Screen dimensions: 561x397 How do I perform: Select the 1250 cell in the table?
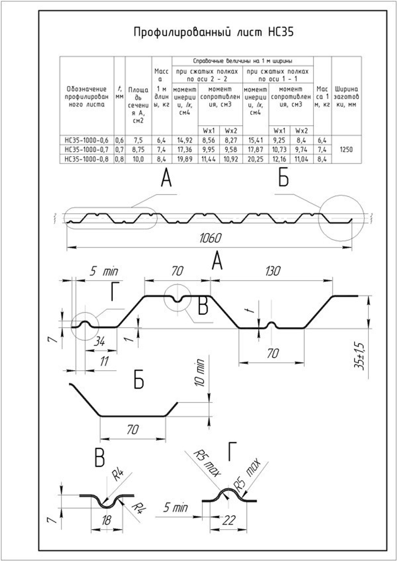346,150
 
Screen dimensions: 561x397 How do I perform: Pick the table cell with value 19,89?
185,159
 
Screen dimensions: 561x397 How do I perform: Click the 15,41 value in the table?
255,140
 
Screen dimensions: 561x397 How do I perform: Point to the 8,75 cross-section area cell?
138,150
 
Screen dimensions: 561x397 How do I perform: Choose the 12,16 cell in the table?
279,159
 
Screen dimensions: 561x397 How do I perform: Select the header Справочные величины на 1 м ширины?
242,61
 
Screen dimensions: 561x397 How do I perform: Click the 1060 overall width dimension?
210,238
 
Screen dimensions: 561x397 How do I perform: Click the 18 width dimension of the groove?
106,520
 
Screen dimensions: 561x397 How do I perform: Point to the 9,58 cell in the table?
230,150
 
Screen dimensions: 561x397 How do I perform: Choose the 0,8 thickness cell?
119,159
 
